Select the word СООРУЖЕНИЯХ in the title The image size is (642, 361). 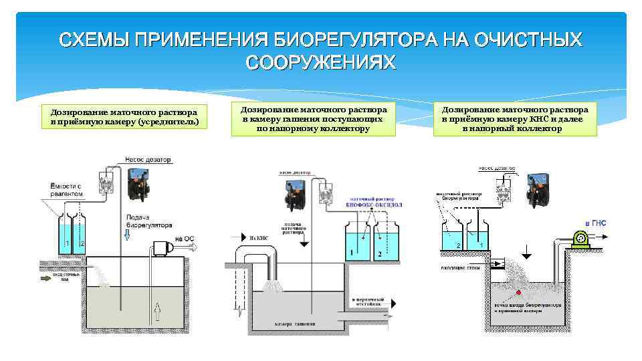click(321, 62)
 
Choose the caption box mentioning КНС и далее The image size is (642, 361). click(514, 118)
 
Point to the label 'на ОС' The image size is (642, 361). click(185, 238)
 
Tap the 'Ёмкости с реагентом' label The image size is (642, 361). click(66, 189)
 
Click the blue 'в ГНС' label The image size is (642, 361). click(596, 223)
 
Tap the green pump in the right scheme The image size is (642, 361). click(580, 237)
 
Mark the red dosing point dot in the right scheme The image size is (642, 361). click(517, 291)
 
